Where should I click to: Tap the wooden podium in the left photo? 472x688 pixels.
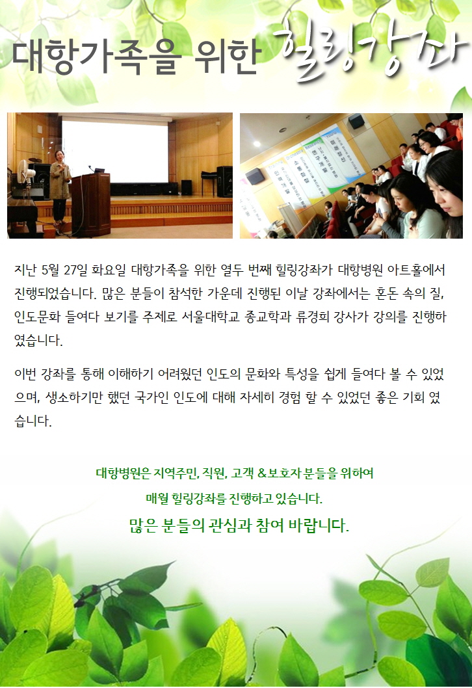point(91,204)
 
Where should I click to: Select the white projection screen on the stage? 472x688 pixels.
point(115,151)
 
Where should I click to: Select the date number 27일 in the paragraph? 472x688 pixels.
point(75,269)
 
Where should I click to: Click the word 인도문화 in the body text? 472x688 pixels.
point(37,316)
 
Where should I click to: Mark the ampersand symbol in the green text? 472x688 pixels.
point(262,473)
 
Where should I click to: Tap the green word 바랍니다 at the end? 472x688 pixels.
point(319,525)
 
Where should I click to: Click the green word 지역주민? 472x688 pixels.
point(177,473)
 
